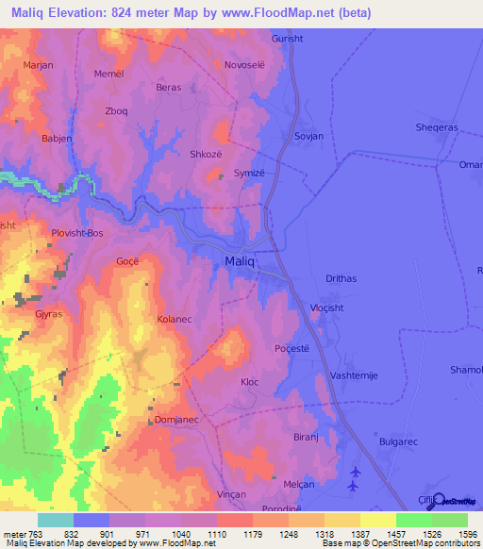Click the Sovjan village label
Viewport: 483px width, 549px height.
click(x=308, y=136)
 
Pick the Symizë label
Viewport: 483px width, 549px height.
click(x=250, y=174)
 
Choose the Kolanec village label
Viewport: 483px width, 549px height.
click(x=175, y=320)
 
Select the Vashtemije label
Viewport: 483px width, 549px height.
click(x=354, y=375)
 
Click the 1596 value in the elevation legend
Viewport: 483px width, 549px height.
click(x=457, y=534)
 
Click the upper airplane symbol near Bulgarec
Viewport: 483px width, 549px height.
click(x=355, y=472)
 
